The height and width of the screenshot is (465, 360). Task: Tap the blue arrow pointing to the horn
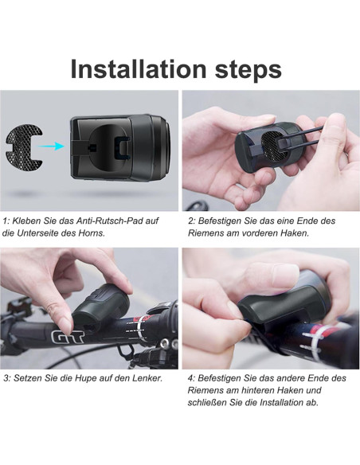point(52,146)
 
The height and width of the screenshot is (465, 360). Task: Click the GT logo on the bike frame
point(65,337)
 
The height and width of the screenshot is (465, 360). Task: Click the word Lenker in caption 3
point(146,377)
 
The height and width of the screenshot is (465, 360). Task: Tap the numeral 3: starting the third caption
point(7,377)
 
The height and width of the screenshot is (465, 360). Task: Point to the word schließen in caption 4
point(210,403)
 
